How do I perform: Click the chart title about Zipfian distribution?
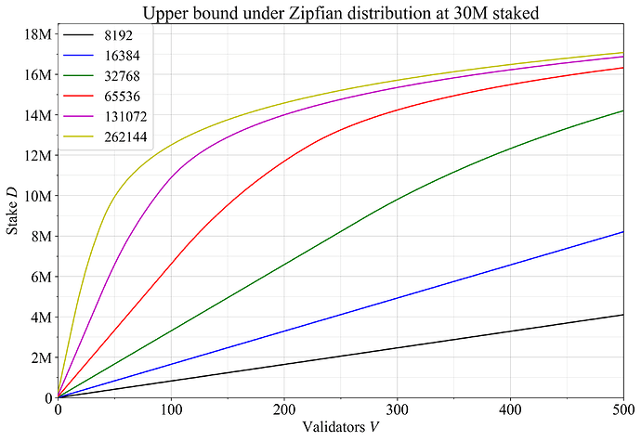342,12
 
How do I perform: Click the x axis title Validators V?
339,428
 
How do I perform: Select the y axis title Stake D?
12,215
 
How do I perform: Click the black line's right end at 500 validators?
621,315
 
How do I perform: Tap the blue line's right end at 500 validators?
621,232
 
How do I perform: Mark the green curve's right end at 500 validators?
621,110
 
